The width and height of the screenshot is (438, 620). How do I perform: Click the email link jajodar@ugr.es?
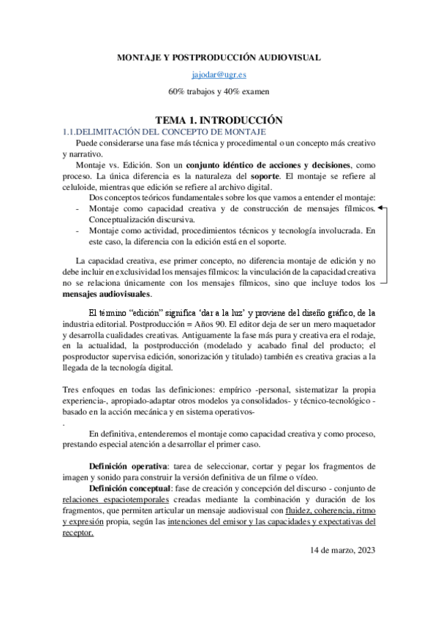[219, 75]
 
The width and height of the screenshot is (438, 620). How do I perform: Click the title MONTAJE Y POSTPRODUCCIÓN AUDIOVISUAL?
[219, 57]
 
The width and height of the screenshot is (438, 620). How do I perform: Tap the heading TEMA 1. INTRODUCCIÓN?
[219, 119]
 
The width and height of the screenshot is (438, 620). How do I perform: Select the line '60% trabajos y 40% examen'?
[219, 91]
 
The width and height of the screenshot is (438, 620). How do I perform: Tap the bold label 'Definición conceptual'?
[131, 486]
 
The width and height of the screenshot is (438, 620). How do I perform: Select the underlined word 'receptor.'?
[78, 533]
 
